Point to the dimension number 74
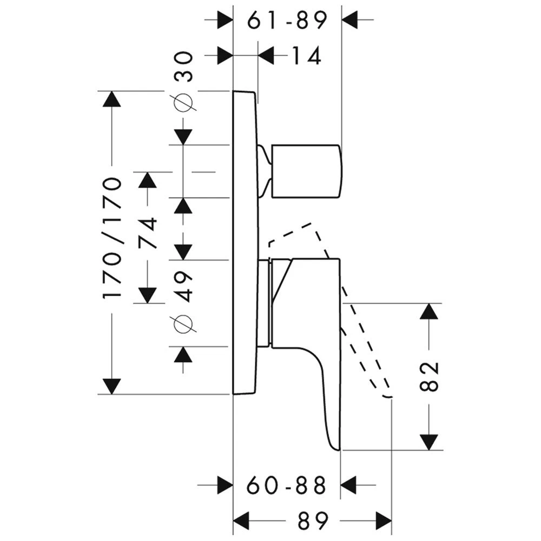147,233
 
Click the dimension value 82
428,375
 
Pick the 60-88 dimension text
287,485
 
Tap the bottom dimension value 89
312,521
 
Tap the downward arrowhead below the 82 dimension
428,441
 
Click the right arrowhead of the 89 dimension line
384,521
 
